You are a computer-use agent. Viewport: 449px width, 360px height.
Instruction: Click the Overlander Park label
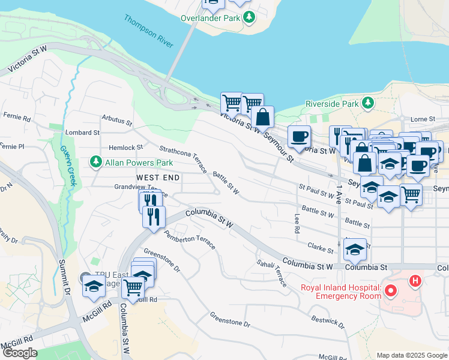click(210, 18)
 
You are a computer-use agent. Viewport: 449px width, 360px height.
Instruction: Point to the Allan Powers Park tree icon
click(95, 162)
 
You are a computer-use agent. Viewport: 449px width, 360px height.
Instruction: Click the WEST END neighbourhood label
click(158, 178)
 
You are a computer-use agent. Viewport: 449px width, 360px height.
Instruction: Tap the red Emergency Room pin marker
click(391, 292)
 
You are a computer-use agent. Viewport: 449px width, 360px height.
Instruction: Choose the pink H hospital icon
click(415, 280)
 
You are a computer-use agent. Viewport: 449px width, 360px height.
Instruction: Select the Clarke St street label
click(320, 248)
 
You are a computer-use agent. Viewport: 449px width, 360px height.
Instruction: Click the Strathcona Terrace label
click(183, 158)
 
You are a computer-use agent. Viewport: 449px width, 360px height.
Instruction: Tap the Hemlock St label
click(125, 147)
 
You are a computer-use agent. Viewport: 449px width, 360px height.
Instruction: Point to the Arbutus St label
click(116, 121)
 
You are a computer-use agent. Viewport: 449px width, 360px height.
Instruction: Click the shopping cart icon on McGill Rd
click(133, 288)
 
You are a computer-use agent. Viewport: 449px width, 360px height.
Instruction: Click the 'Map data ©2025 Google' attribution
click(411, 355)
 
